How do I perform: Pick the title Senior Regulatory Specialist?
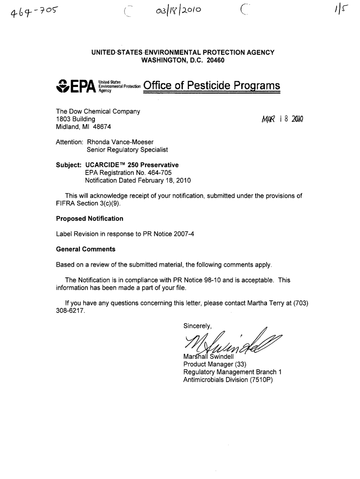(127, 150)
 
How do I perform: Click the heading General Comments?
(86, 249)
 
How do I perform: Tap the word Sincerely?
(198, 326)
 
